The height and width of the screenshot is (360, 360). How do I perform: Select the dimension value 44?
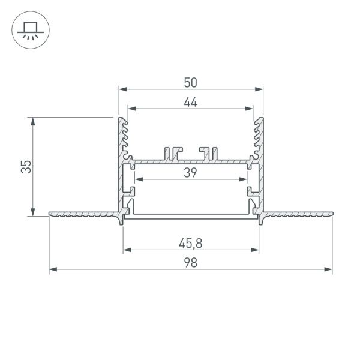point(191,102)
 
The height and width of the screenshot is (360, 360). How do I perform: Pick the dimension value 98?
point(191,263)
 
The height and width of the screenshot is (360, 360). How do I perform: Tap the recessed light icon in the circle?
point(28,29)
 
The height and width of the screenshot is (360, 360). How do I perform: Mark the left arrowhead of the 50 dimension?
point(122,89)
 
